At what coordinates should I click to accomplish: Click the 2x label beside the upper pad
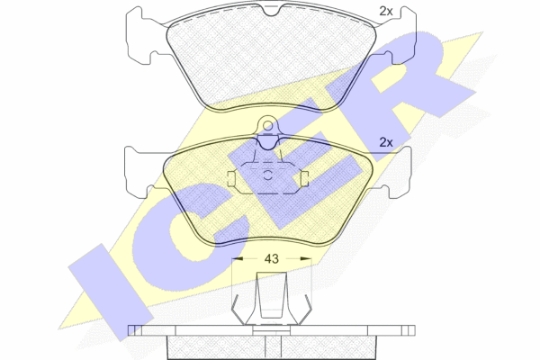pos(386,12)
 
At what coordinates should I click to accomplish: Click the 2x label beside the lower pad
pos(386,142)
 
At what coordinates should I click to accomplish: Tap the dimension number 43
pos(272,258)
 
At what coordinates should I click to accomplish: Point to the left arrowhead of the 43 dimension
pos(238,258)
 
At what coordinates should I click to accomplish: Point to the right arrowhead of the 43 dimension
pos(306,258)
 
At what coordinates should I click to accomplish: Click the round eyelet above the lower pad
pos(267,124)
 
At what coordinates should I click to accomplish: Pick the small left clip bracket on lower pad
pos(231,179)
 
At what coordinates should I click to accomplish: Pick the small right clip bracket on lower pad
pos(304,179)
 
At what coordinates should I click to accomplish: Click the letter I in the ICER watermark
pos(111,292)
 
